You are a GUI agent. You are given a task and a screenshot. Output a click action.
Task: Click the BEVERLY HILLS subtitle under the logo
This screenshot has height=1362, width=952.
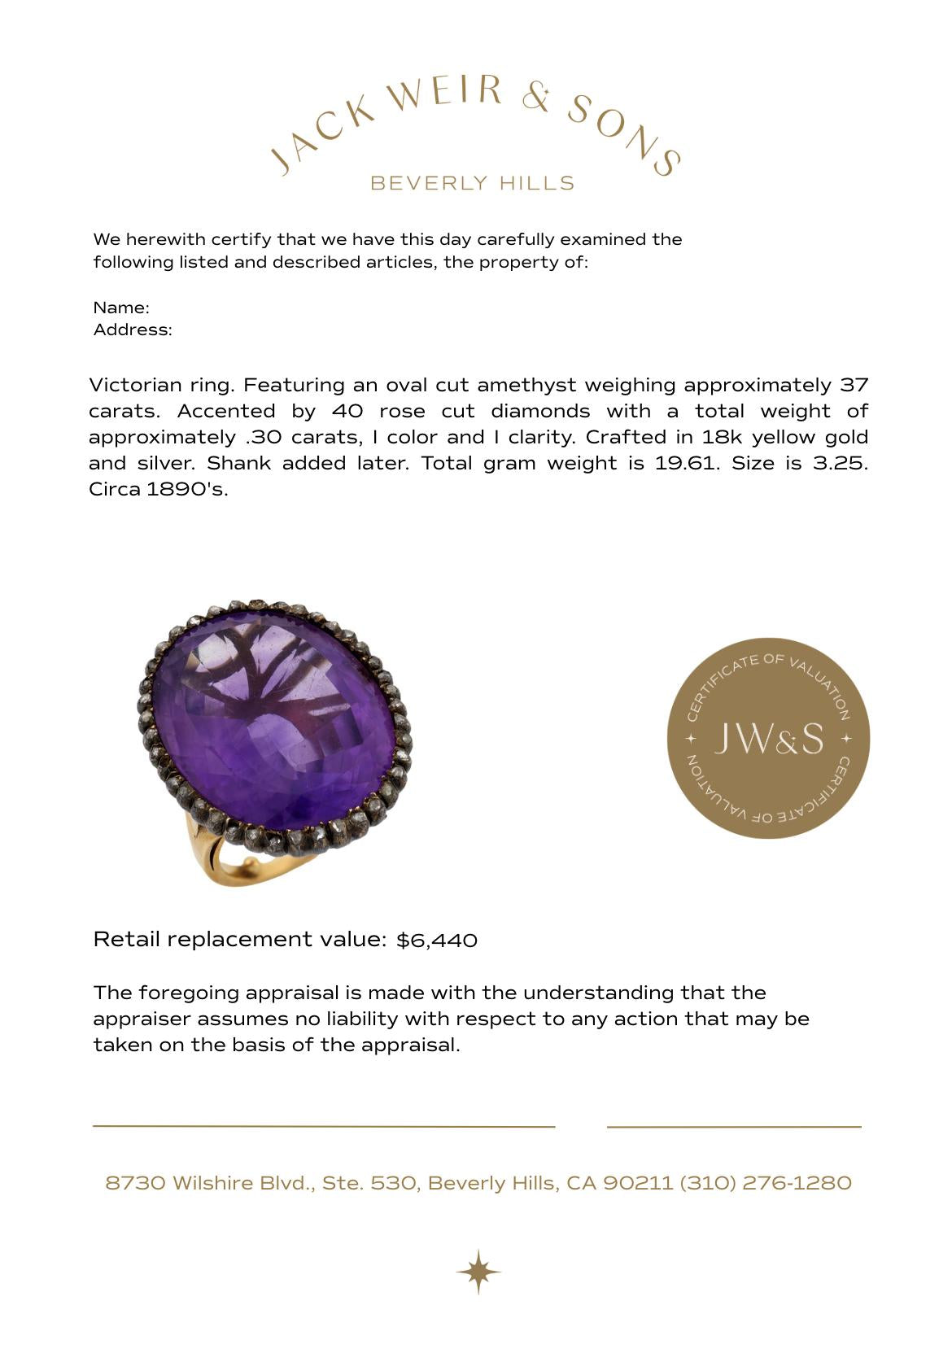472,183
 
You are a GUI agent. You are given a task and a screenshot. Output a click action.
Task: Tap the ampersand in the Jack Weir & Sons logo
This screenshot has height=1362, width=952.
536,97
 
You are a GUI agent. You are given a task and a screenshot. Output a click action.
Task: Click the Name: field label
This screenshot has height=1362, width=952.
121,308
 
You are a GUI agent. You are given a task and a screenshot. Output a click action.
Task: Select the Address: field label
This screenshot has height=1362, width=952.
133,330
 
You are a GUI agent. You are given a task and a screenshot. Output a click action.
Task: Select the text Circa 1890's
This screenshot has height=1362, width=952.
158,489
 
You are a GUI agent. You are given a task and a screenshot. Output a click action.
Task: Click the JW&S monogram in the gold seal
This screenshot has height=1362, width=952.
768,739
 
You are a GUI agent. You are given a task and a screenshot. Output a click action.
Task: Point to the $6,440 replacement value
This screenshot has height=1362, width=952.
437,941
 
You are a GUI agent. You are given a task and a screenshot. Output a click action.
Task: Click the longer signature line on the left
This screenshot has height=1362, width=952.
324,1127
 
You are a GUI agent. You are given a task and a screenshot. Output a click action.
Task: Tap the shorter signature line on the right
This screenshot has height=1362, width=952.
734,1127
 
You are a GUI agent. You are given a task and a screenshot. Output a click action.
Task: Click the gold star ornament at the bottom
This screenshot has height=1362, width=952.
478,1271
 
